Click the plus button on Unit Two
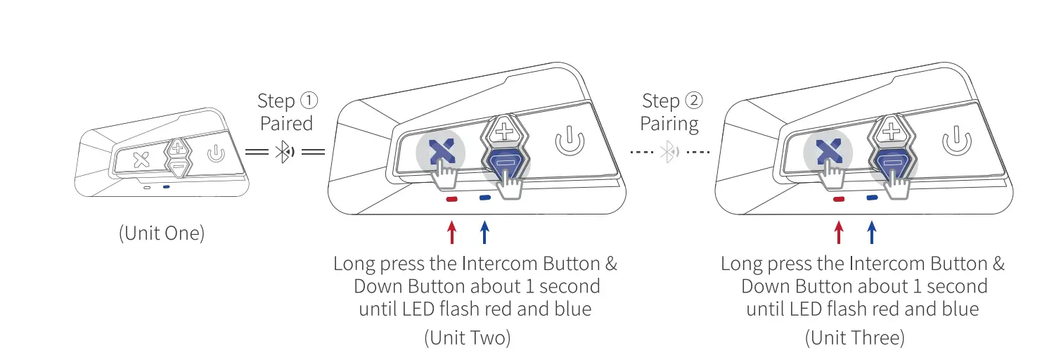504,131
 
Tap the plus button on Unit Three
891,131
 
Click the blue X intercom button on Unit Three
827,152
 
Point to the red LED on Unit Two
451,199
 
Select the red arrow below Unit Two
451,233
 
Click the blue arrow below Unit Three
872,233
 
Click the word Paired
286,124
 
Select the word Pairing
669,124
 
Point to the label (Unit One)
161,233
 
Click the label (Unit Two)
467,337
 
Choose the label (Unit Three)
854,337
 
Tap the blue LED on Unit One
165,188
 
